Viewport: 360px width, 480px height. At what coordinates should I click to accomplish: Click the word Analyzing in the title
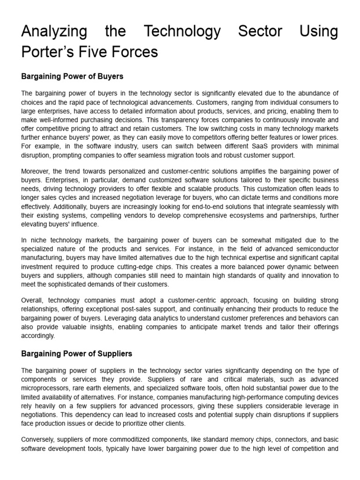point(54,31)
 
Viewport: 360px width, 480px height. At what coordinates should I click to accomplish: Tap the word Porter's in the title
point(45,52)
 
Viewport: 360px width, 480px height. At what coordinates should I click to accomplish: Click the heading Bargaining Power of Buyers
point(72,76)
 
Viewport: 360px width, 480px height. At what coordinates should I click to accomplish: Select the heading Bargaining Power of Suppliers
point(76,353)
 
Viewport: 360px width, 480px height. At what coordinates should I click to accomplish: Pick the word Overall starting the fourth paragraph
point(33,300)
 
